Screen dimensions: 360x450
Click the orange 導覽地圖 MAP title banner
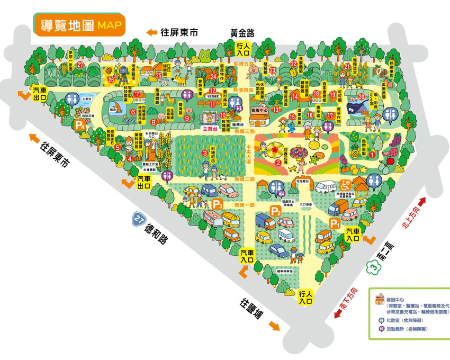(x=79, y=25)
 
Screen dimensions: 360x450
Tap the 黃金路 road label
(x=242, y=33)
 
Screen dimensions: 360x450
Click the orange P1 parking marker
(x=335, y=223)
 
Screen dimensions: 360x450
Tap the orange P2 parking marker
(x=275, y=211)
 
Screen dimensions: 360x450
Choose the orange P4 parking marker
(x=79, y=125)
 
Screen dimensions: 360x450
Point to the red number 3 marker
(x=204, y=154)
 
